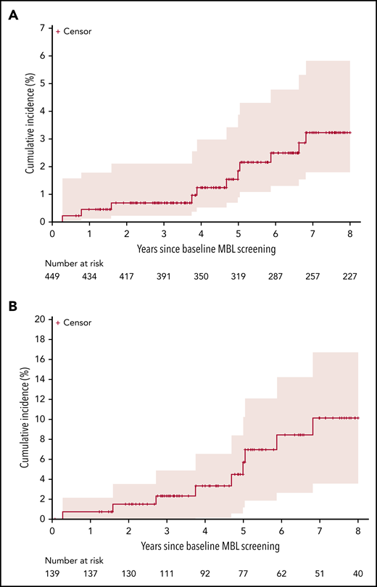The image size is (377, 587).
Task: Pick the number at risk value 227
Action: pos(350,277)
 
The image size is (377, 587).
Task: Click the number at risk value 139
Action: pos(52,573)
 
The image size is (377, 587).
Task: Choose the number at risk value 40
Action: pos(358,573)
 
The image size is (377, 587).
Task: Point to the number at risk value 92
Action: pos(204,573)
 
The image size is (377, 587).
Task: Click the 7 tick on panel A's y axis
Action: pos(43,28)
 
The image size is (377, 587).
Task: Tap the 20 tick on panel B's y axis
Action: pos(40,318)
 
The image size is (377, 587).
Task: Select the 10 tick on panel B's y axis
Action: pos(40,419)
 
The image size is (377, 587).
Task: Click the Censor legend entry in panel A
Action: pos(72,31)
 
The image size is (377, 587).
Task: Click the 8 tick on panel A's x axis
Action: pos(350,234)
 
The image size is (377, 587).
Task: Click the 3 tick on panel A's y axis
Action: pos(43,138)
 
